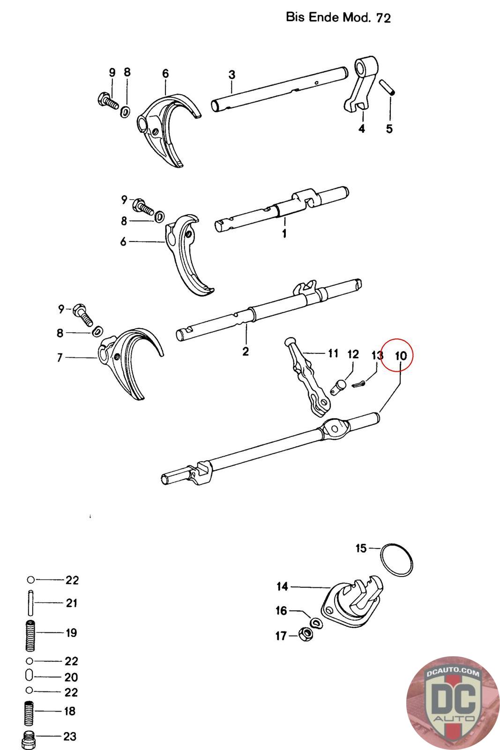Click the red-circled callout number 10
click(x=401, y=355)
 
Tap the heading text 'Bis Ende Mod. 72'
click(x=338, y=18)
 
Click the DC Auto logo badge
click(x=452, y=701)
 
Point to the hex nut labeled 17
click(x=305, y=635)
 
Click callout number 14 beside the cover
click(x=282, y=586)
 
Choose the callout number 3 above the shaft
click(x=231, y=75)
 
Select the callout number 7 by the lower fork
click(x=60, y=358)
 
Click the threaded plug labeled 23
click(x=29, y=739)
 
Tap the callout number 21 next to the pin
click(x=71, y=603)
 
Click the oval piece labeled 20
click(x=29, y=677)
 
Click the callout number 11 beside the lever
click(x=333, y=352)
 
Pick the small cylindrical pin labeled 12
click(x=338, y=387)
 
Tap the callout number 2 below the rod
click(x=246, y=351)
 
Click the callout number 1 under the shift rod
click(x=284, y=233)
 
